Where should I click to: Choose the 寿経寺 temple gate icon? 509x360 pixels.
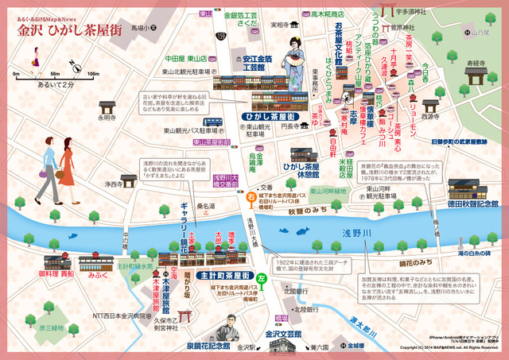(476, 77)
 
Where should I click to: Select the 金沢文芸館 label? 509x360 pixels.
(279, 335)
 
